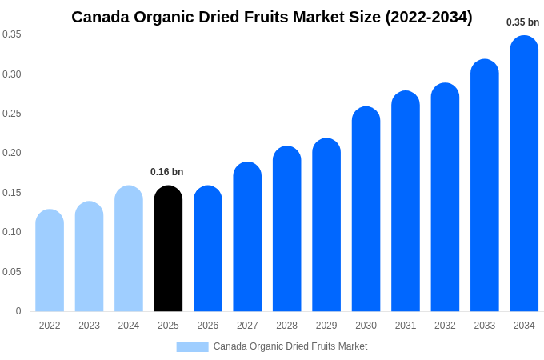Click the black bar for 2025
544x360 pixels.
[x=168, y=249]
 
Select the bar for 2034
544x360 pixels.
[x=524, y=174]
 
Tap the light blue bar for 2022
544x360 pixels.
[x=50, y=261]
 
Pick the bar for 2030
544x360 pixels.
[x=366, y=209]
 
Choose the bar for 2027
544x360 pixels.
[x=247, y=237]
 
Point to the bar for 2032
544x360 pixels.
[x=445, y=198]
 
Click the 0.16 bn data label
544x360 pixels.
[x=166, y=172]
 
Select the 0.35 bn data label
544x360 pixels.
[x=522, y=22]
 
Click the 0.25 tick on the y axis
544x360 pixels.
[x=12, y=114]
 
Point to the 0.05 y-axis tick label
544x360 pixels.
[x=12, y=272]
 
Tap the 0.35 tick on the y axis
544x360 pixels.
[x=12, y=34]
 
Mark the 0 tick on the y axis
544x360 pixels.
[x=18, y=311]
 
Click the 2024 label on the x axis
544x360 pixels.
[x=129, y=326]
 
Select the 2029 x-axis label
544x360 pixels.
[x=326, y=326]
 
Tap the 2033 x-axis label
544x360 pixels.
[x=484, y=326]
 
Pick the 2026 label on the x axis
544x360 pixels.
[x=208, y=326]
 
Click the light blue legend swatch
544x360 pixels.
[x=192, y=346]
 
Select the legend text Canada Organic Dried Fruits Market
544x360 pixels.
[x=290, y=346]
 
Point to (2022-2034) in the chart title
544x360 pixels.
[x=429, y=17]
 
